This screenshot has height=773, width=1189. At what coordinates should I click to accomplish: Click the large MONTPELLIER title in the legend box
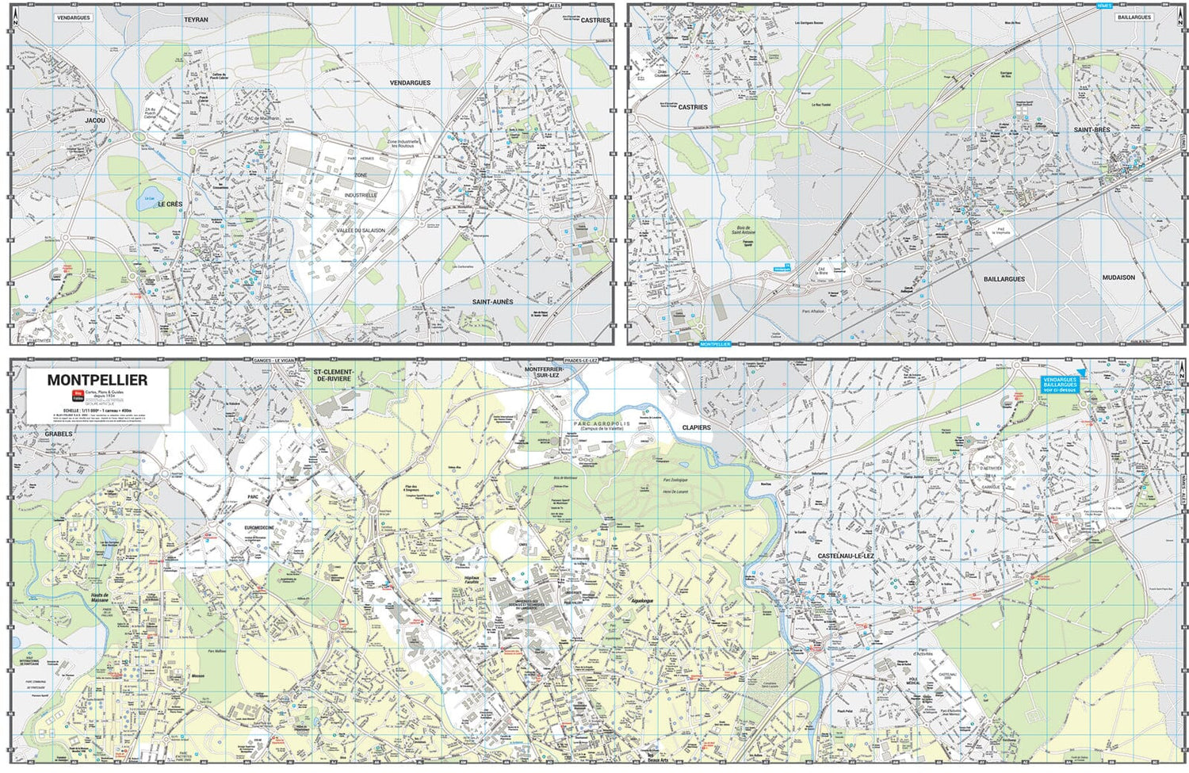97,380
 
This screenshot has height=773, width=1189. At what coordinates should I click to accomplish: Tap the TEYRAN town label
196,20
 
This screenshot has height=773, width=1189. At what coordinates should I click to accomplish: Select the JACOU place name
95,121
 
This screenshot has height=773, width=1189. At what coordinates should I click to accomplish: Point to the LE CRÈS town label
170,205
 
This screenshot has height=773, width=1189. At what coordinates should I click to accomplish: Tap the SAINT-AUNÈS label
492,302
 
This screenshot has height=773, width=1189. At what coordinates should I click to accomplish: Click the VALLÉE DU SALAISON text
361,231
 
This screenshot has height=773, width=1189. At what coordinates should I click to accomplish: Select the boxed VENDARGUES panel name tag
74,17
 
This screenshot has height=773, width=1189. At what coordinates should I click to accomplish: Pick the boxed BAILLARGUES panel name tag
1134,17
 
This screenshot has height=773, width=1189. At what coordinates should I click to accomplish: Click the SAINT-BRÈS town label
1092,129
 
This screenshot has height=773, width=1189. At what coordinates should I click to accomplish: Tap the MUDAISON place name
1118,277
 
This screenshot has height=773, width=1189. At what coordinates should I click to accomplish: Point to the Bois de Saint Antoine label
743,230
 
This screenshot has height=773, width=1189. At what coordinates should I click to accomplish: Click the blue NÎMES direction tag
1104,6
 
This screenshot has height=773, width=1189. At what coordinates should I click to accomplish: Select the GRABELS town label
59,434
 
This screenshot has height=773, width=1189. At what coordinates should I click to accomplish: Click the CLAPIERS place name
697,427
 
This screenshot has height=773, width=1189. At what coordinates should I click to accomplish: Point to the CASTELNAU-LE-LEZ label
846,557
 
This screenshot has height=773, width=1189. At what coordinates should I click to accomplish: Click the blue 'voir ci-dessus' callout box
1060,385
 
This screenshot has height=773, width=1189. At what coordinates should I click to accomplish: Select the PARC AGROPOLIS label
601,424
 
